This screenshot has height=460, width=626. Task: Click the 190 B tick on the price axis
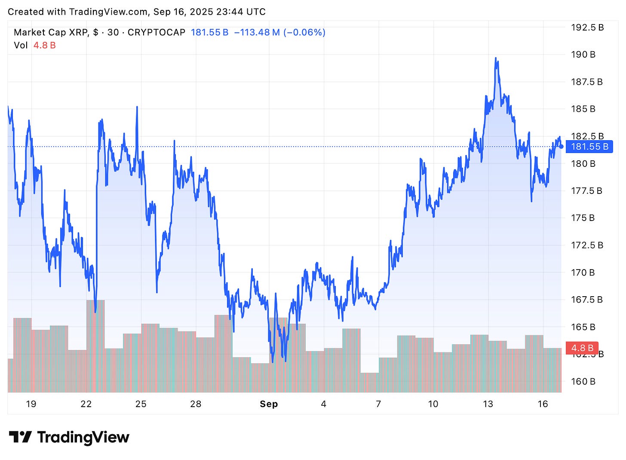click(x=583, y=55)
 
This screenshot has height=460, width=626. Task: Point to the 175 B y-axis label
click(x=583, y=218)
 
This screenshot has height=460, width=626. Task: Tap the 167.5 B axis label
click(x=586, y=300)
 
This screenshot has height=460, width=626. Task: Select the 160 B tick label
click(x=583, y=381)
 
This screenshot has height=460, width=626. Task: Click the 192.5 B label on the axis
click(x=587, y=28)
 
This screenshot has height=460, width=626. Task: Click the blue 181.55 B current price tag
click(x=589, y=147)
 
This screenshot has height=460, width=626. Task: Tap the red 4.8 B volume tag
click(x=582, y=348)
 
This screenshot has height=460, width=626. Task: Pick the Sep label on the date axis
click(x=269, y=404)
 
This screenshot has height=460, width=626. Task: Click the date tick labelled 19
click(x=31, y=404)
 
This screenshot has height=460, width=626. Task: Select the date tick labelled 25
click(x=141, y=404)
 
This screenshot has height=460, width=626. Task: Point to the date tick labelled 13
click(x=488, y=404)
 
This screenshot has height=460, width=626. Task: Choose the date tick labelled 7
click(x=378, y=404)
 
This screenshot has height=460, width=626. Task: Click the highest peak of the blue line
click(x=496, y=58)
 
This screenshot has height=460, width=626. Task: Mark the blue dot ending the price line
click(x=561, y=147)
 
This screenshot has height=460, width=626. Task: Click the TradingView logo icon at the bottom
click(x=20, y=437)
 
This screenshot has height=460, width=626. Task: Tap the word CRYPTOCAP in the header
click(x=156, y=32)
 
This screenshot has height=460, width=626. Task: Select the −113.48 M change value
click(x=257, y=32)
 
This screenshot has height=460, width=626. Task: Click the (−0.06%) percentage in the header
click(x=304, y=32)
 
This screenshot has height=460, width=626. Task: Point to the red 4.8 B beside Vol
click(x=45, y=45)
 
